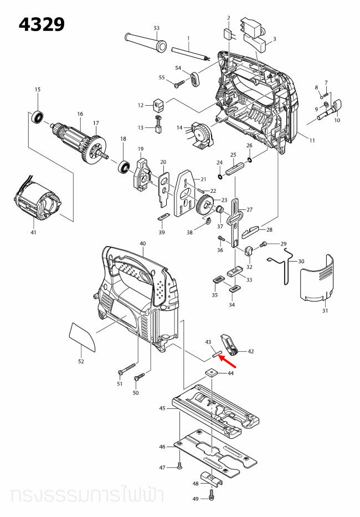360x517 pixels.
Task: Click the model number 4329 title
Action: tap(42, 24)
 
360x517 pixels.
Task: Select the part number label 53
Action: tap(156, 28)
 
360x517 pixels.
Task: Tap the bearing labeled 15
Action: tap(38, 117)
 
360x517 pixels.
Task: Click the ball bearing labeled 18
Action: tap(124, 165)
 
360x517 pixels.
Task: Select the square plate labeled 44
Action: tap(212, 373)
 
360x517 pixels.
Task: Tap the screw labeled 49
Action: tap(213, 493)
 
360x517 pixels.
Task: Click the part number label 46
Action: tap(162, 447)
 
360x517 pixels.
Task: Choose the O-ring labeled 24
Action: tap(220, 177)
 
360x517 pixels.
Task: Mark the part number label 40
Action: tap(142, 244)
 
